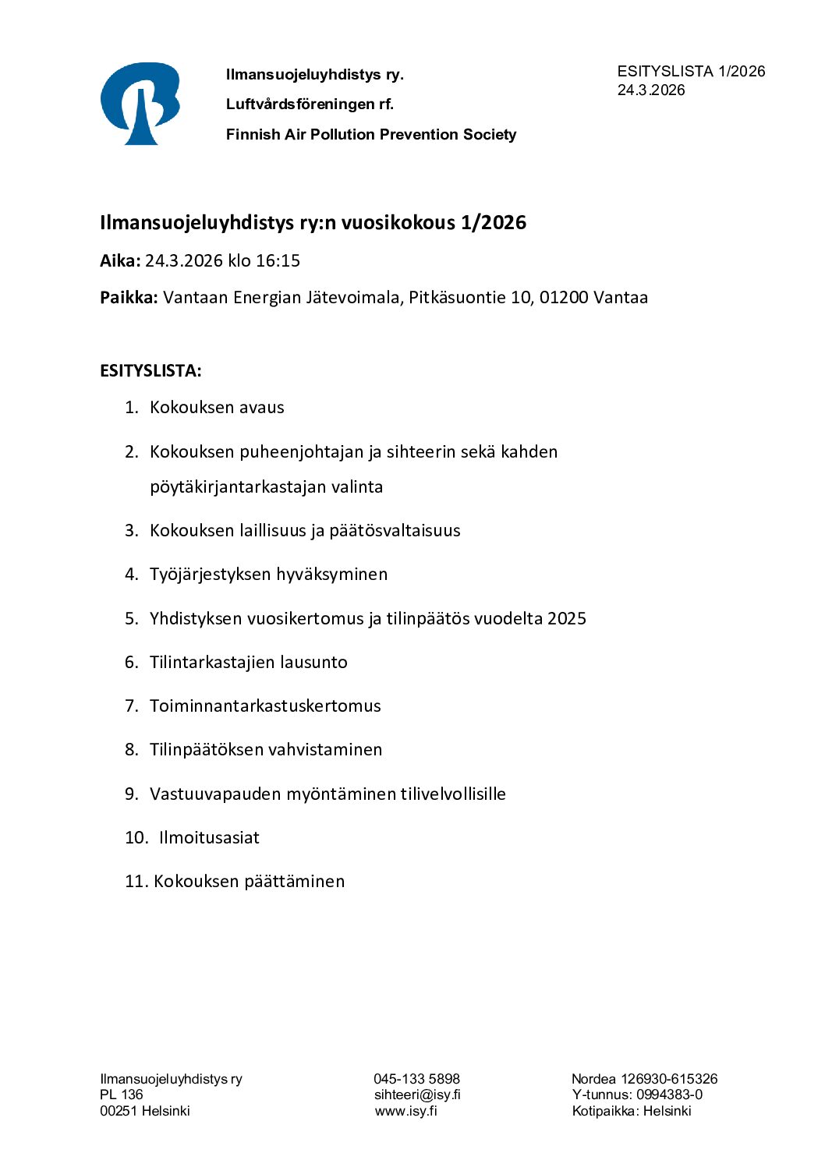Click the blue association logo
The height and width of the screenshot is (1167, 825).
[x=140, y=104]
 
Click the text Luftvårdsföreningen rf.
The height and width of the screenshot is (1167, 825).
[x=310, y=104]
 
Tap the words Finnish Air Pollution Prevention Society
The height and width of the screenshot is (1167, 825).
[x=371, y=135]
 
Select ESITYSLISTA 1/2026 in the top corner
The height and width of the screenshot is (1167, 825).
[x=691, y=72]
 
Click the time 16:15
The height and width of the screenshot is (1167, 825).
[x=278, y=261]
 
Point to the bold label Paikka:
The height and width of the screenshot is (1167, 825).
[x=129, y=298]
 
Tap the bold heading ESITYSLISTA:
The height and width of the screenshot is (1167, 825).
[x=150, y=371]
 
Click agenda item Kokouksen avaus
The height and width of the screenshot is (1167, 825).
[x=217, y=408]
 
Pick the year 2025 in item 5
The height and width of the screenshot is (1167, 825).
[x=566, y=619]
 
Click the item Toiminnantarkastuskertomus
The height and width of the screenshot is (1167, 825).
[x=265, y=706]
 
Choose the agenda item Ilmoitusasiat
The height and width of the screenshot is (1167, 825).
[x=209, y=838]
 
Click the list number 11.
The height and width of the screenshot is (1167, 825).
[x=135, y=882]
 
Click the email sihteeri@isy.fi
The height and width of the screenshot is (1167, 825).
[x=417, y=1095]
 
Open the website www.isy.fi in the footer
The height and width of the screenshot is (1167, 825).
[x=405, y=1112]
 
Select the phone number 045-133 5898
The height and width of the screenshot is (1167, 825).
[x=416, y=1080]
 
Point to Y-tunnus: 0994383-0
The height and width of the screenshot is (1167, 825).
[x=637, y=1095]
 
